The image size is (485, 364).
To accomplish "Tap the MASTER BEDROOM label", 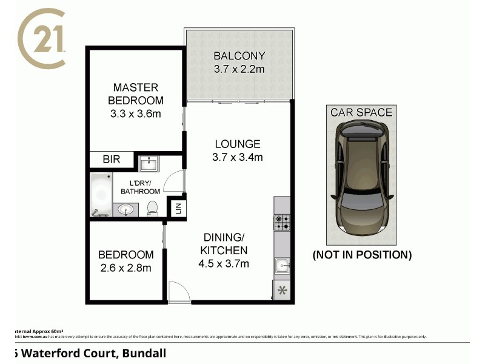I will point(136,94).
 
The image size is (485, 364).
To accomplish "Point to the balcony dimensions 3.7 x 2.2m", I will point(239,70).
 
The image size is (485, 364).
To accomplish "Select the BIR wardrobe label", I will point(111,160).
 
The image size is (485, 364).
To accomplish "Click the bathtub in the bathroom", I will point(100,195).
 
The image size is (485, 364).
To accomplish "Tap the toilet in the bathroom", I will point(153,209).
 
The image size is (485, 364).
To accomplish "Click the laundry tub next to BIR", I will point(149,163).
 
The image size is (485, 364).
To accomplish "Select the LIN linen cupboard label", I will point(178,209).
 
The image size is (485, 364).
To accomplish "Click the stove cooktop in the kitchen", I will point(282,223).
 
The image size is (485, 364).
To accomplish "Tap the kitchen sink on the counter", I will point(282,265).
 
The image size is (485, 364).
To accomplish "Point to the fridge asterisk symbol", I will point(282,291).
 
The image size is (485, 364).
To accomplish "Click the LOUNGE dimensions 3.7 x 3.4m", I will point(238,158).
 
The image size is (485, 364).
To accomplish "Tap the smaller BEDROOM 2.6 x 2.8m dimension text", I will point(125,268).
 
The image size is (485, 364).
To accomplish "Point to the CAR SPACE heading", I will point(361,112).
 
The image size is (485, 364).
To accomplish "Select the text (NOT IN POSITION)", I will point(362,255).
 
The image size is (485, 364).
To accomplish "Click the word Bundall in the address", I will point(145,352).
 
